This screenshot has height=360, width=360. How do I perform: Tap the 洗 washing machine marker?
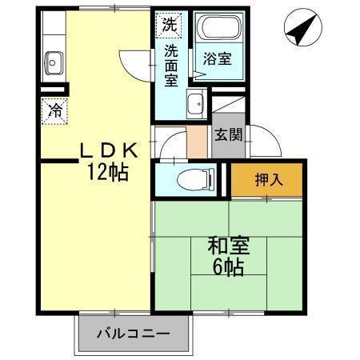[x=168, y=24]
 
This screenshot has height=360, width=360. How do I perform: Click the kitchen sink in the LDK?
[x=54, y=61]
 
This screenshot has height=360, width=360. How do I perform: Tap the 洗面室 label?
[x=172, y=66]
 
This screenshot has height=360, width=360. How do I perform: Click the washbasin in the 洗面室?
[x=194, y=103]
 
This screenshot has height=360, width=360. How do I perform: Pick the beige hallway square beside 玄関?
[x=197, y=142]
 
